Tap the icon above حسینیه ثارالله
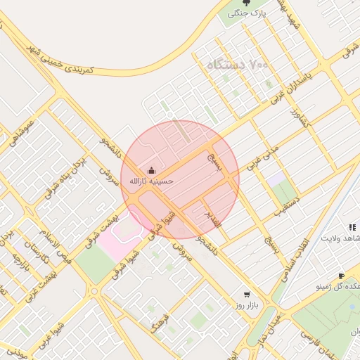tap(150, 170)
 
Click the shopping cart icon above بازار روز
tap(246, 295)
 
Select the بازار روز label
tap(247, 306)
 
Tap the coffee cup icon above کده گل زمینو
tap(341, 276)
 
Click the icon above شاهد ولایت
tap(352, 227)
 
